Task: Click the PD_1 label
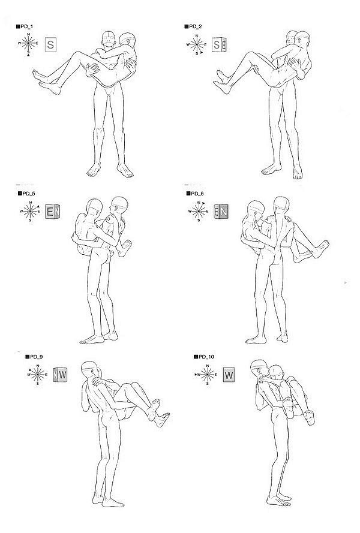[x=25, y=26]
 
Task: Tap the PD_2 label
[x=193, y=26]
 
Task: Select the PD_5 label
[x=26, y=194]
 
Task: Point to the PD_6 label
[x=195, y=194]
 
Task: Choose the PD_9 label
[x=34, y=357]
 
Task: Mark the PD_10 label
[x=204, y=357]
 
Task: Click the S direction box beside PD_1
[x=50, y=44]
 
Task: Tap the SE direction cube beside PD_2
[x=219, y=44]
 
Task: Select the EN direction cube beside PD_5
[x=52, y=212]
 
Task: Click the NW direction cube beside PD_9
[x=60, y=375]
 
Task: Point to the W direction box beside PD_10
[x=229, y=375]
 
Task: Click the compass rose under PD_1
[x=28, y=44]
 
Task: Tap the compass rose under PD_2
[x=197, y=44]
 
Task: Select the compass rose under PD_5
[x=30, y=211]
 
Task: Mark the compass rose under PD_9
[x=37, y=374]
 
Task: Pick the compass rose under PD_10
[x=207, y=374]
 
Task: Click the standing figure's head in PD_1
[x=109, y=39]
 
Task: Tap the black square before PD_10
[x=196, y=357]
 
